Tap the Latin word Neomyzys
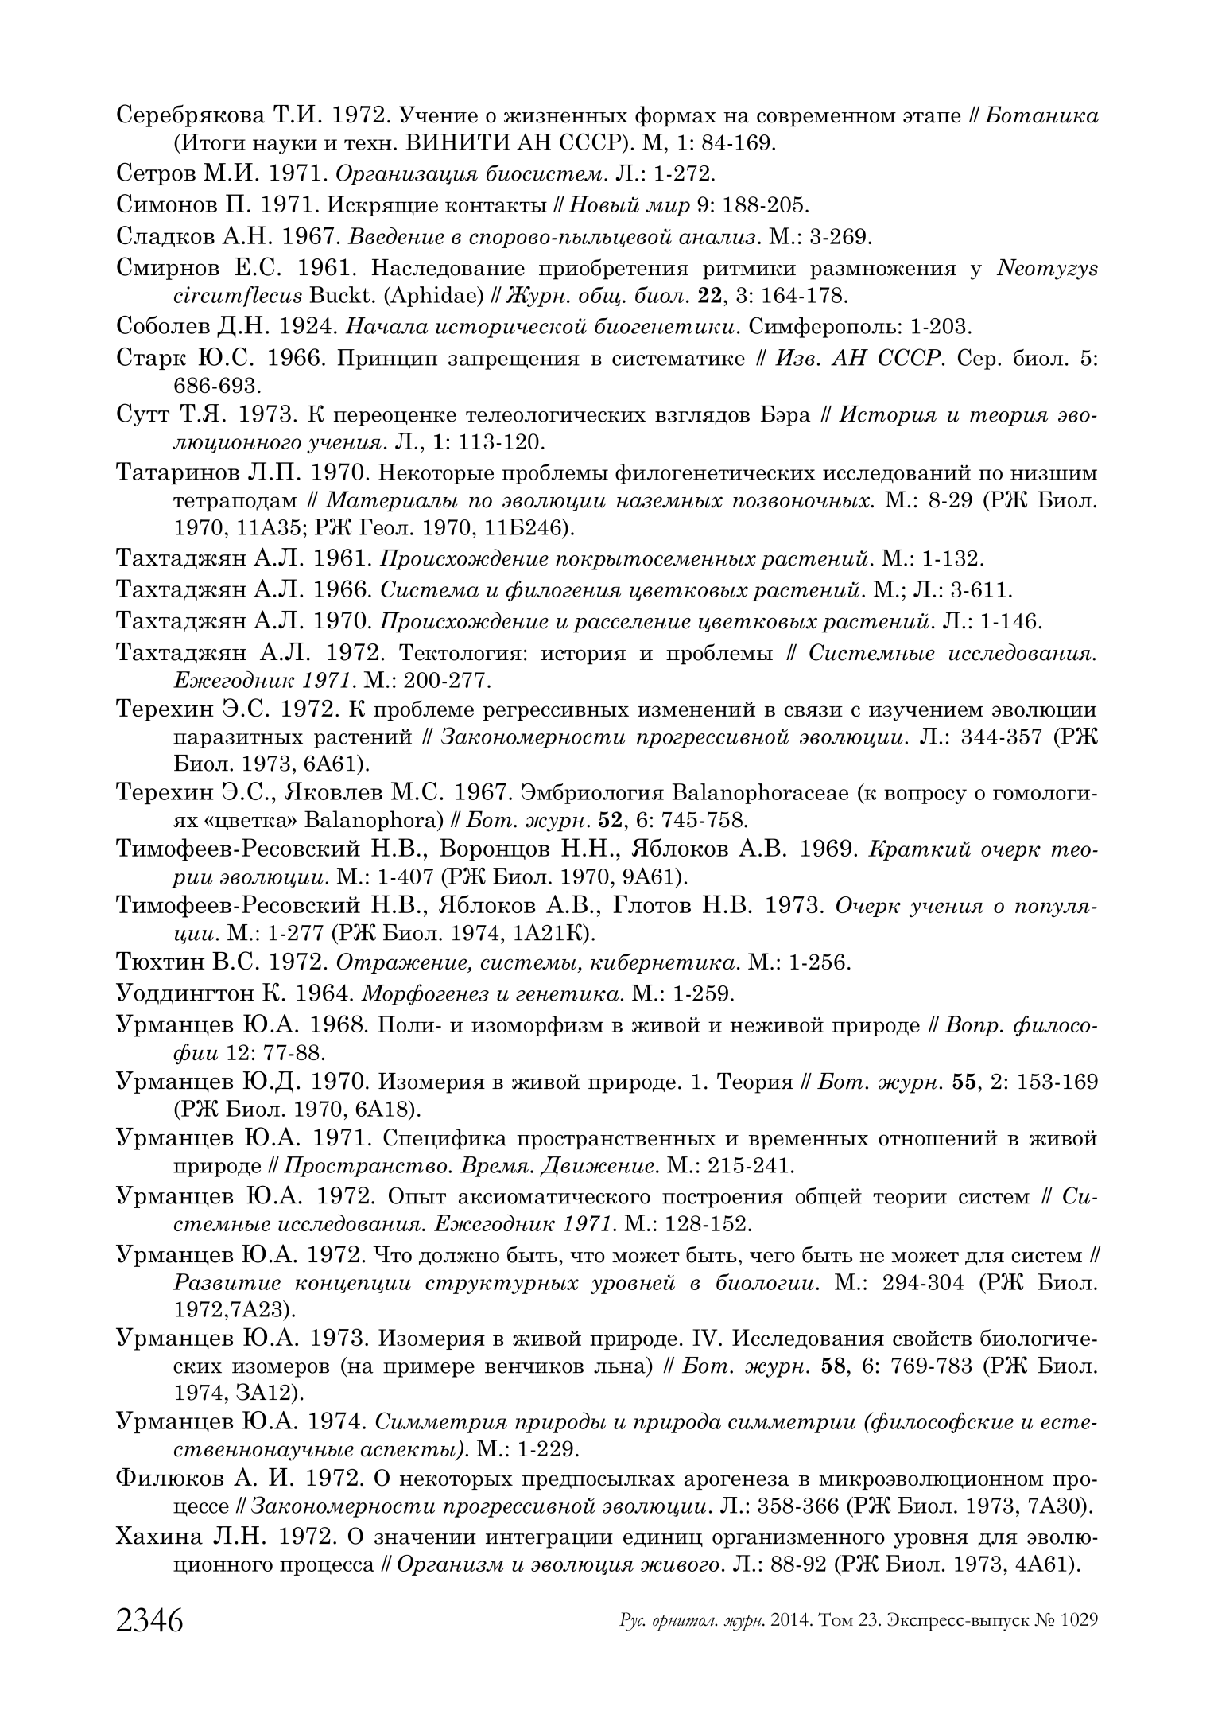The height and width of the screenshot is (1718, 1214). tap(1046, 269)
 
